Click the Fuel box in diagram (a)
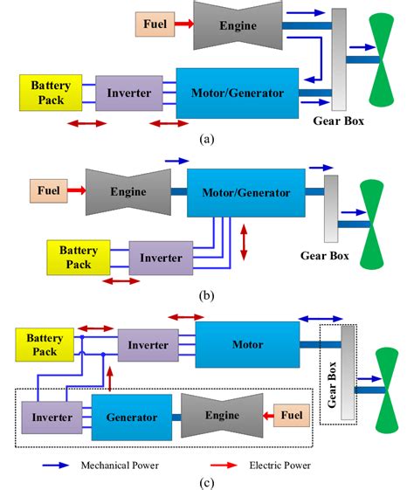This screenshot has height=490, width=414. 155,24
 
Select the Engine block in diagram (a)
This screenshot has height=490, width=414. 238,25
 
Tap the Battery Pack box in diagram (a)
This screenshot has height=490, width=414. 51,93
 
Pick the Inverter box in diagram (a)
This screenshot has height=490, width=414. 129,93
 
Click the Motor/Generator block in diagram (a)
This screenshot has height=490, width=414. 238,93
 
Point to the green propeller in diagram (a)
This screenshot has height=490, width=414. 381,59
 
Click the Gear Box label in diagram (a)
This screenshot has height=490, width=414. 338,121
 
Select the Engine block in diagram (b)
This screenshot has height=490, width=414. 128,191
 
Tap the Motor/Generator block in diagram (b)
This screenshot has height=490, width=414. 246,192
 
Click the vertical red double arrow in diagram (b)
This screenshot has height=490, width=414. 244,242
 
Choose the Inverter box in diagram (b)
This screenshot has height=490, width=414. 161,258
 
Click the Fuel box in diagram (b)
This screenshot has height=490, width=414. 48,190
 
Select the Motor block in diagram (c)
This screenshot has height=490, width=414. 247,344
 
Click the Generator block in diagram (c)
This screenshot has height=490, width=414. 132,418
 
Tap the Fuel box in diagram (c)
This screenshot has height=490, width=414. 292,415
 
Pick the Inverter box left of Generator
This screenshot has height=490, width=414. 52,418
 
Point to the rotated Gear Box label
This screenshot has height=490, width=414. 332,384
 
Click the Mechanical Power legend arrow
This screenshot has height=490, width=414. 56,466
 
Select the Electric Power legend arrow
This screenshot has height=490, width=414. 224,466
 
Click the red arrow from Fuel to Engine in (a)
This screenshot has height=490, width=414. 184,24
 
